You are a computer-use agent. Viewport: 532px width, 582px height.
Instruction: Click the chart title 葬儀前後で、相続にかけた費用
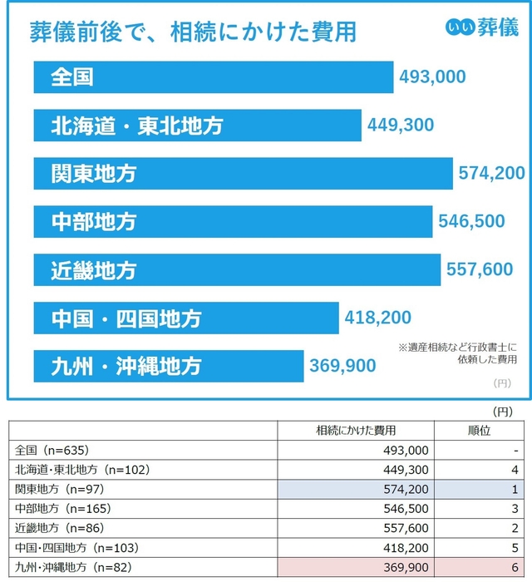(x=193, y=32)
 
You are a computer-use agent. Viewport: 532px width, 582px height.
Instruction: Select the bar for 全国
(x=213, y=77)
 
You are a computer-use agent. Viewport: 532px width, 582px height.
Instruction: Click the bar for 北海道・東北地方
(x=197, y=126)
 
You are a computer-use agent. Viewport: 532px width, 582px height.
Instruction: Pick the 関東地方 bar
(x=243, y=174)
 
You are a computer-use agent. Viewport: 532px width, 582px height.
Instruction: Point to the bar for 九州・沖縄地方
(x=169, y=365)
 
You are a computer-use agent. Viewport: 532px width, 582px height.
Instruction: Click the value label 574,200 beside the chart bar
(x=491, y=174)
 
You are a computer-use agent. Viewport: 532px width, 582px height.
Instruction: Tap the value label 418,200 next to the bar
(x=377, y=318)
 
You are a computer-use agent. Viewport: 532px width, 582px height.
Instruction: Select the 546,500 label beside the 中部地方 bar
(x=470, y=221)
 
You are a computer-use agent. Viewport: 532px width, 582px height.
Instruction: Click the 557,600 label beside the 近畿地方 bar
(x=479, y=269)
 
